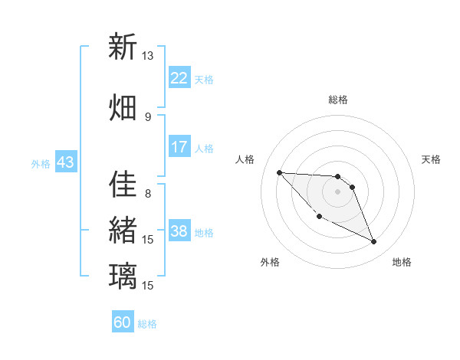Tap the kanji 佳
[x=123, y=183]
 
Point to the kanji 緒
[x=123, y=229]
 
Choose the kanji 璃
[x=123, y=275]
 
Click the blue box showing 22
[x=179, y=78]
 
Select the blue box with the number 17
[x=179, y=148]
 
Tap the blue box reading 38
[x=179, y=232]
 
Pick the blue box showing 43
[x=65, y=163]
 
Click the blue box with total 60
[x=123, y=322]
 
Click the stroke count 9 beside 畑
[x=148, y=116]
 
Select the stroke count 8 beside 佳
[x=148, y=193]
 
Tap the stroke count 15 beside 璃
[x=148, y=285]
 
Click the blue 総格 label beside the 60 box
[x=147, y=324]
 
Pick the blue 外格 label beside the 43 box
[x=40, y=164]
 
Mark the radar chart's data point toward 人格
[x=279, y=172]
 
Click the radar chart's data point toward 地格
[x=373, y=242]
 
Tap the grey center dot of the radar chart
[x=337, y=191]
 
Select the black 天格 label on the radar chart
[x=431, y=159]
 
